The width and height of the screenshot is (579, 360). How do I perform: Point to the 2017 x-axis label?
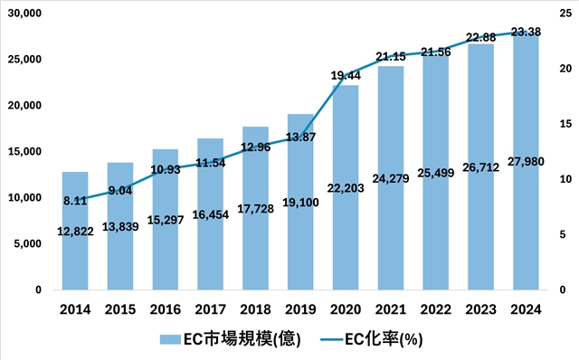[x=210, y=309]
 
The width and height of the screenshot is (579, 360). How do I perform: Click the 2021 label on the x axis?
[x=390, y=309]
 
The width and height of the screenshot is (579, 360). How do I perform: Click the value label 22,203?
[x=346, y=211]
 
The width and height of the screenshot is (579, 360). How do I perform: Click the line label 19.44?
[x=346, y=75]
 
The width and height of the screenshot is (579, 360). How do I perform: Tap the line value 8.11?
[x=75, y=202]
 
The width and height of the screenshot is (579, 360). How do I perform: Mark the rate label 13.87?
[x=300, y=136]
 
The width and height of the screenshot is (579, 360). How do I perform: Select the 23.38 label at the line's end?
[x=525, y=32]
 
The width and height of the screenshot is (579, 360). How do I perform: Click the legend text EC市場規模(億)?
[x=236, y=340]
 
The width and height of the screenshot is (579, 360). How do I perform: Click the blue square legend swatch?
[x=169, y=340]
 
